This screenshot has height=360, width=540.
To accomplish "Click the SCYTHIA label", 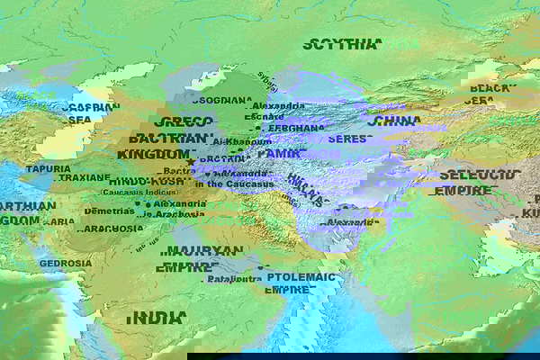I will pos(341,44).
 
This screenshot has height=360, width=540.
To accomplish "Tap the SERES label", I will pos(348,139).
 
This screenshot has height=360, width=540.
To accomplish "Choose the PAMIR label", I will pos(278,154).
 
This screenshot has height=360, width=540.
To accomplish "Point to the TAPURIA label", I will pos(48,168).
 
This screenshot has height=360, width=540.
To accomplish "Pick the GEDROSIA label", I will pos(65,263).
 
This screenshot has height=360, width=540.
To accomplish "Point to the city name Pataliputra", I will pos(233,279).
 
